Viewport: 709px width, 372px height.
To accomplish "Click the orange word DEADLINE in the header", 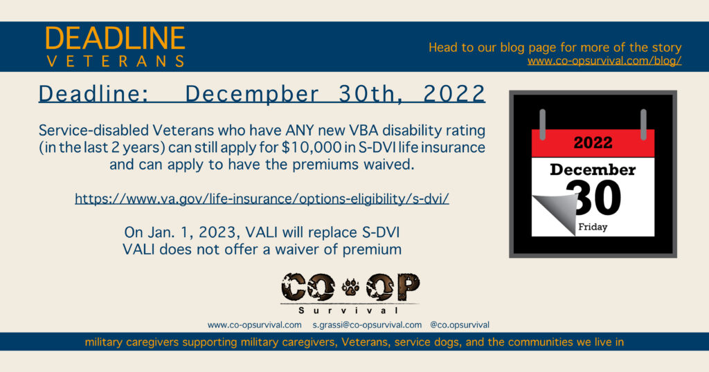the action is [115, 38].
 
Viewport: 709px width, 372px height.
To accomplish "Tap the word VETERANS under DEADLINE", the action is [116, 62].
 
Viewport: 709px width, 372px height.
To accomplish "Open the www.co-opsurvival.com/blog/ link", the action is [604, 60].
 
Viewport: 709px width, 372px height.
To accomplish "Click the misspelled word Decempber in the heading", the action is [252, 94].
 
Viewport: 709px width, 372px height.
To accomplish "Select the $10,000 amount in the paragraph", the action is [311, 147].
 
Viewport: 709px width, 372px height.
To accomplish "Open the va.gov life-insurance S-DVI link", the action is [262, 198].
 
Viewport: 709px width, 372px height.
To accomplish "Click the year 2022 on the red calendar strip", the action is [593, 143].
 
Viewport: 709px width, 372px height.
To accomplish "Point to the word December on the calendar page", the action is [593, 169].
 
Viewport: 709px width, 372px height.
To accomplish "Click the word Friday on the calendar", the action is [593, 227].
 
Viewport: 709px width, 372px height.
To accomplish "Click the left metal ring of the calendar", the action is [543, 124].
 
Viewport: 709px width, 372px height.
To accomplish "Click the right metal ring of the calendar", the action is [643, 124].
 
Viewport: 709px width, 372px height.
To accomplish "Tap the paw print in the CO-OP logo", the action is [350, 287].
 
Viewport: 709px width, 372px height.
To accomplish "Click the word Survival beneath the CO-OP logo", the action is [349, 310].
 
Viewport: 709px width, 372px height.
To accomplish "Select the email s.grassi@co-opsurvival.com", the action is [367, 325].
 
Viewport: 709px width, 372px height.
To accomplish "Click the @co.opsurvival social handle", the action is [460, 325].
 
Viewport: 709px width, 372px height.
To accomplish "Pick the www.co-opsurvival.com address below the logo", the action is [255, 325].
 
